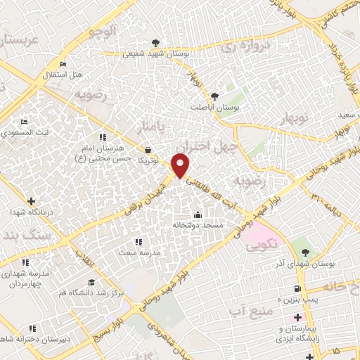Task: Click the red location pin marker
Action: coord(181,165)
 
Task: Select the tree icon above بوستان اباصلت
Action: coord(214,96)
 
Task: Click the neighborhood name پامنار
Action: coord(153,127)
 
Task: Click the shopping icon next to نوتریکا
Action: coord(148,150)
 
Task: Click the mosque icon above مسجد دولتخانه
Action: coord(198,214)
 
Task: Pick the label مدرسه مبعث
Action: coord(139,251)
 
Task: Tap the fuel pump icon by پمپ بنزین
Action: coord(298,288)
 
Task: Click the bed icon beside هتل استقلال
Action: coord(63,65)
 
